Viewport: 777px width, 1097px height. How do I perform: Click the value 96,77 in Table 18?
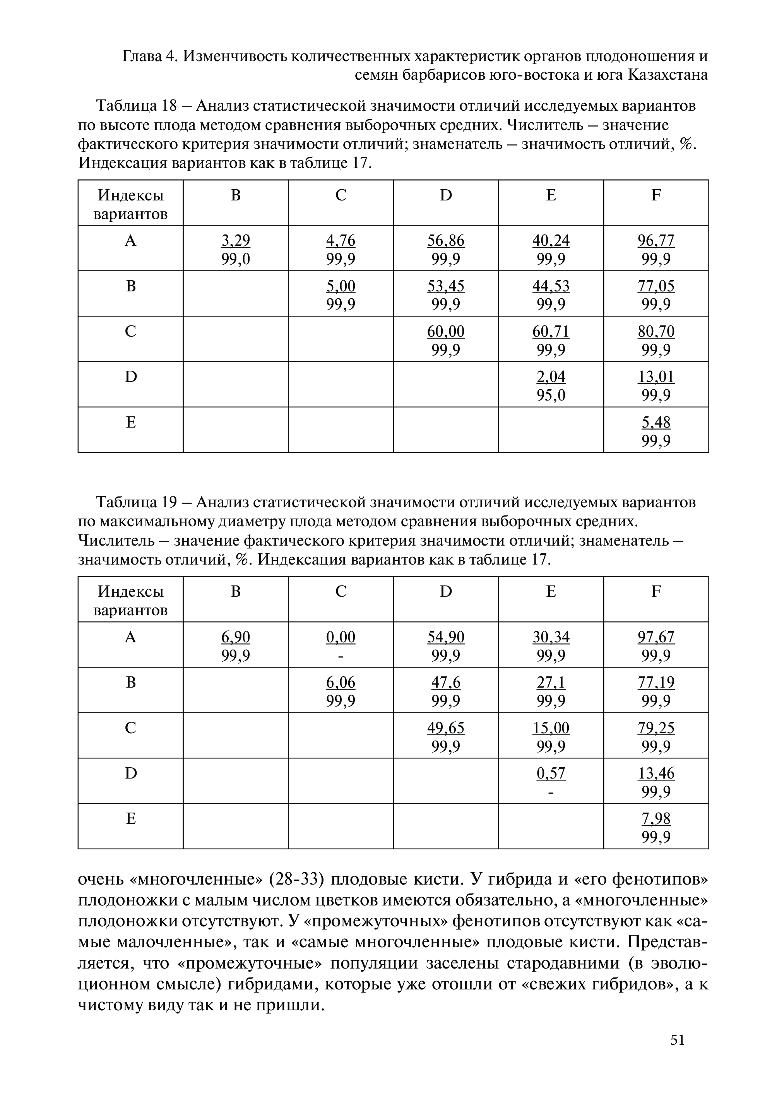tap(655, 240)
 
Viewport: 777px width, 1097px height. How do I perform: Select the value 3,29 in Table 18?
tap(235, 240)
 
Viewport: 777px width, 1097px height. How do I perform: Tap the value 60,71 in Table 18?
tap(551, 331)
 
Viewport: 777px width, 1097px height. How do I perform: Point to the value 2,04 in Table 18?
tap(551, 377)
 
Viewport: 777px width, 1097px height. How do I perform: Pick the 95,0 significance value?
tap(551, 395)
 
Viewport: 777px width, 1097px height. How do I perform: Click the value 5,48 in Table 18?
tap(655, 422)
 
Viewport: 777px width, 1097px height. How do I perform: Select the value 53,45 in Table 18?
tap(445, 286)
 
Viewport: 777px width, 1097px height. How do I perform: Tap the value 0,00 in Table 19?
tap(341, 637)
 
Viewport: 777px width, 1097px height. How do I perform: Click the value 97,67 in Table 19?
tap(655, 637)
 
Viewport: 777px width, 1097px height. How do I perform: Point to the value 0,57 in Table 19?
tap(551, 773)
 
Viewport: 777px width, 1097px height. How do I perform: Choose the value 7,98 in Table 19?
tap(655, 818)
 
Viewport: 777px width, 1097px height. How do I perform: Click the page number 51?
tap(678, 1040)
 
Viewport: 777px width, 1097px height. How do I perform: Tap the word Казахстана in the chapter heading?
tap(667, 75)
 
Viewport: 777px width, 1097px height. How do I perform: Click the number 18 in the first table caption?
tap(170, 105)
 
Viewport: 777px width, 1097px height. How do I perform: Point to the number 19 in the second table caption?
tap(170, 502)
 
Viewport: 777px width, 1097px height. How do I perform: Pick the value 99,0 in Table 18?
tap(235, 259)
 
